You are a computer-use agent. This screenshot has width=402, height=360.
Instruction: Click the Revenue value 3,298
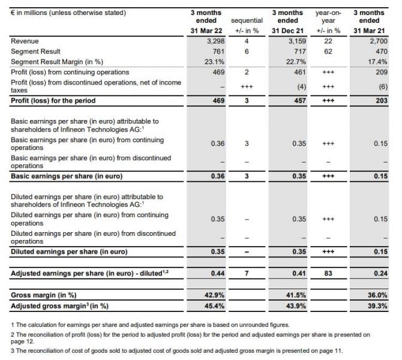(x=215, y=41)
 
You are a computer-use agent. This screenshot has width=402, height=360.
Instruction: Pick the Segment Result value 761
(x=218, y=52)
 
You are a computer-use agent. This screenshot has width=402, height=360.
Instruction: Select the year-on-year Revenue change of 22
(x=328, y=41)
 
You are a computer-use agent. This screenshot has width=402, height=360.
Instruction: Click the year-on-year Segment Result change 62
(x=328, y=52)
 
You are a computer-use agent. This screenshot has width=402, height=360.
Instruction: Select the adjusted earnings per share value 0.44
(x=217, y=274)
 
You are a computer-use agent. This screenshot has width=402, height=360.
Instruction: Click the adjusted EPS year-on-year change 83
(x=328, y=274)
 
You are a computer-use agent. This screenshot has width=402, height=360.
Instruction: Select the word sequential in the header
(x=247, y=21)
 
